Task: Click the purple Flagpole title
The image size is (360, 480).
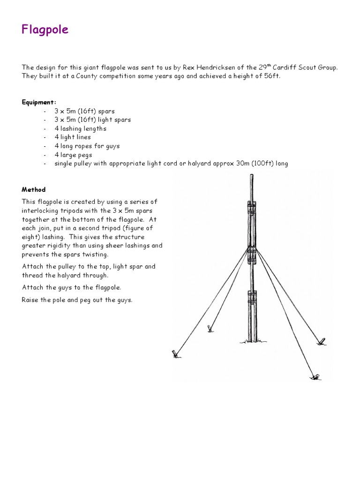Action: (45, 30)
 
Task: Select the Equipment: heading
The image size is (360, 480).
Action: (39, 102)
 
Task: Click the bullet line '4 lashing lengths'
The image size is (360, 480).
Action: (80, 128)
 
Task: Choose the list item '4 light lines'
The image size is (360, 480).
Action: (73, 137)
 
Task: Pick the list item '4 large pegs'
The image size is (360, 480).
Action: (73, 155)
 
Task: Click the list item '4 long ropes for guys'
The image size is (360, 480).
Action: (87, 146)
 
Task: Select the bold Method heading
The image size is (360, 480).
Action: (34, 190)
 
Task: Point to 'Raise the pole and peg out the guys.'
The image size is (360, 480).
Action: (77, 300)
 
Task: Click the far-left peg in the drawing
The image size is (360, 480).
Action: (176, 354)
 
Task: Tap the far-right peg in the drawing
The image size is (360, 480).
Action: (321, 341)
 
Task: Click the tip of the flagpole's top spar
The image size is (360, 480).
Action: (252, 176)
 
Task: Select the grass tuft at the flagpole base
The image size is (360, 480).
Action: (252, 341)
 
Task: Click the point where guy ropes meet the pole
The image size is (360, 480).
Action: (252, 247)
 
